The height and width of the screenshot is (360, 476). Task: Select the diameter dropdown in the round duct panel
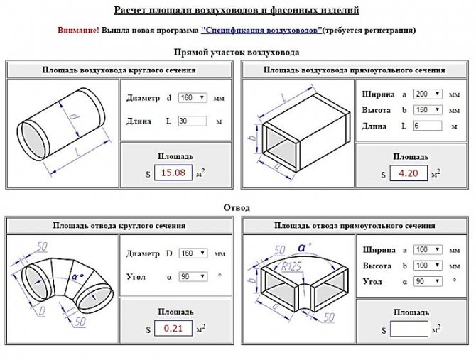[192, 97]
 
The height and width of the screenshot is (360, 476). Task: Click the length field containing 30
[192, 121]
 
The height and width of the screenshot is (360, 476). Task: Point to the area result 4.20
[409, 173]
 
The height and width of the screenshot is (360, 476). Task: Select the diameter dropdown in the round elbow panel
[192, 253]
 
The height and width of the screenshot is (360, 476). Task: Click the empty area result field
[409, 329]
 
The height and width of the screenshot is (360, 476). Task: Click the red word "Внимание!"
[78, 31]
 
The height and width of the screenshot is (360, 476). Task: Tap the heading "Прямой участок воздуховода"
[237, 52]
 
